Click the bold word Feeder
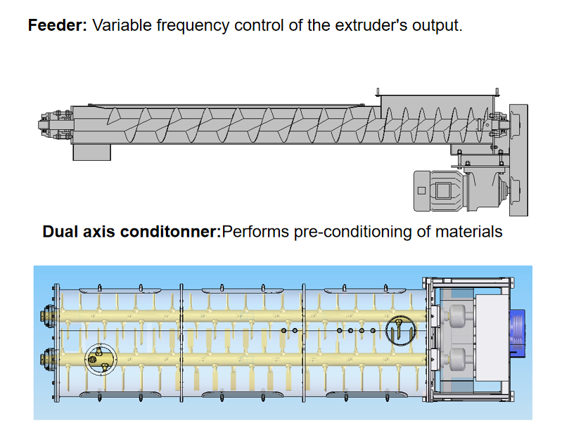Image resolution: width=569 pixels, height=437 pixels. (57, 26)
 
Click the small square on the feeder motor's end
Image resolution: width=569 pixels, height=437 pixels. (421, 190)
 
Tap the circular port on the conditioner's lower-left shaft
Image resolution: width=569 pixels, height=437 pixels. (98, 358)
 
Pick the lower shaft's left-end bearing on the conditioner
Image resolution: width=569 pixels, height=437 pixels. (48, 358)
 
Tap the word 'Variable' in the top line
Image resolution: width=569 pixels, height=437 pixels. (121, 26)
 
